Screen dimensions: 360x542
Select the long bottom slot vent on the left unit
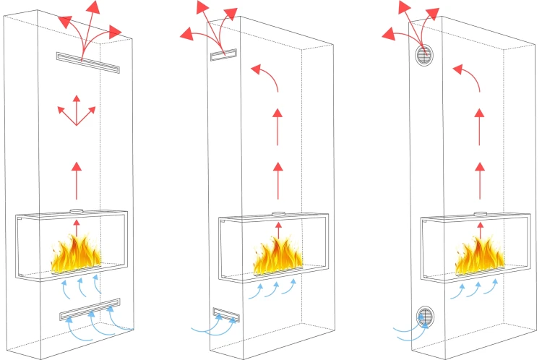90,308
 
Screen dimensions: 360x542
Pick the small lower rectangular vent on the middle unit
225,314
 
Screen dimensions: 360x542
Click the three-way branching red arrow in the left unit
76,114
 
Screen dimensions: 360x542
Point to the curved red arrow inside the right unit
468,77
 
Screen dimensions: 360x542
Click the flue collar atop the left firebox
77,211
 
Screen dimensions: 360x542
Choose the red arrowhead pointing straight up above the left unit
93,7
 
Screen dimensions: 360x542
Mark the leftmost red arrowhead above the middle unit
186,33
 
